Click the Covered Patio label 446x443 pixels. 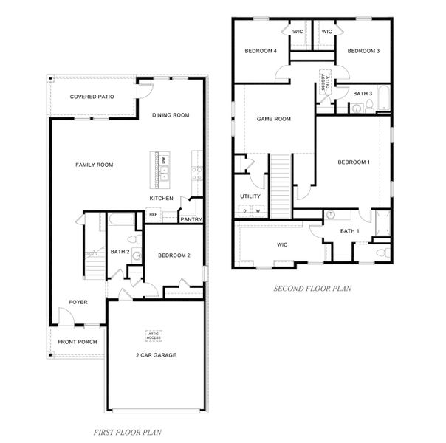[x=92, y=97]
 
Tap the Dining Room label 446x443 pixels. [x=171, y=115]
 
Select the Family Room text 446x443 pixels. [x=95, y=165]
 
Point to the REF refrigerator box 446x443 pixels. [x=153, y=215]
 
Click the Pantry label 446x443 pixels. [x=191, y=219]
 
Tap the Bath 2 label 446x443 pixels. [x=120, y=252]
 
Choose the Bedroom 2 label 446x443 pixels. [x=174, y=255]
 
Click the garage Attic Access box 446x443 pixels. [x=154, y=336]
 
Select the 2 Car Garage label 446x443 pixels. [x=156, y=355]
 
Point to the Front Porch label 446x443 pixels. [x=78, y=342]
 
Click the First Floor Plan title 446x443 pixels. [x=128, y=433]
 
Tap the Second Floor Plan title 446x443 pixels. [x=312, y=289]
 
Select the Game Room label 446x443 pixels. [x=274, y=119]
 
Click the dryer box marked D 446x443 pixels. [x=244, y=210]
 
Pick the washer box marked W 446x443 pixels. [x=258, y=210]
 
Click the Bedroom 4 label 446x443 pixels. [x=261, y=51]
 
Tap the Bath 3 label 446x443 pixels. [x=363, y=93]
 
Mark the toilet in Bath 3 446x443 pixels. [x=369, y=106]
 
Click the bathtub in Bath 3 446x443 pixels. [x=384, y=98]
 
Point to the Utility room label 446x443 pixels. [x=250, y=196]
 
